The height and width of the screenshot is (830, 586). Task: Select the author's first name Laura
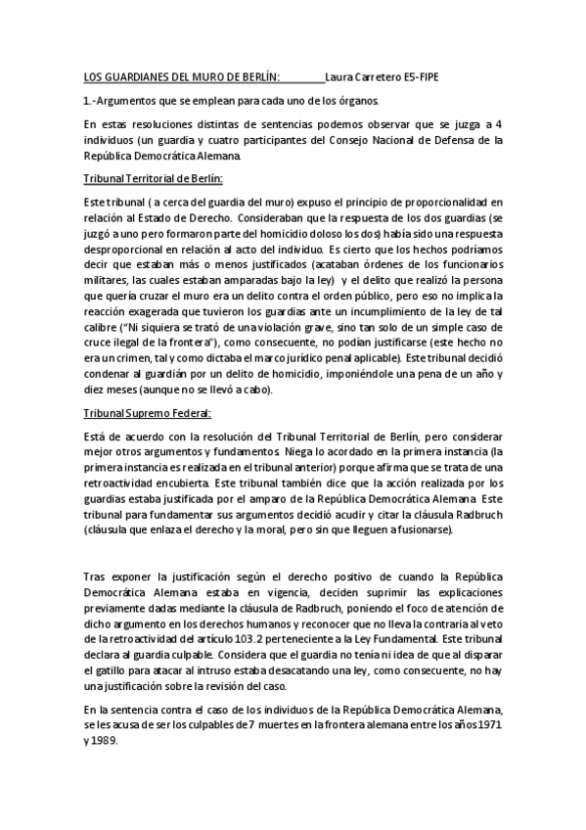click(340, 78)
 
